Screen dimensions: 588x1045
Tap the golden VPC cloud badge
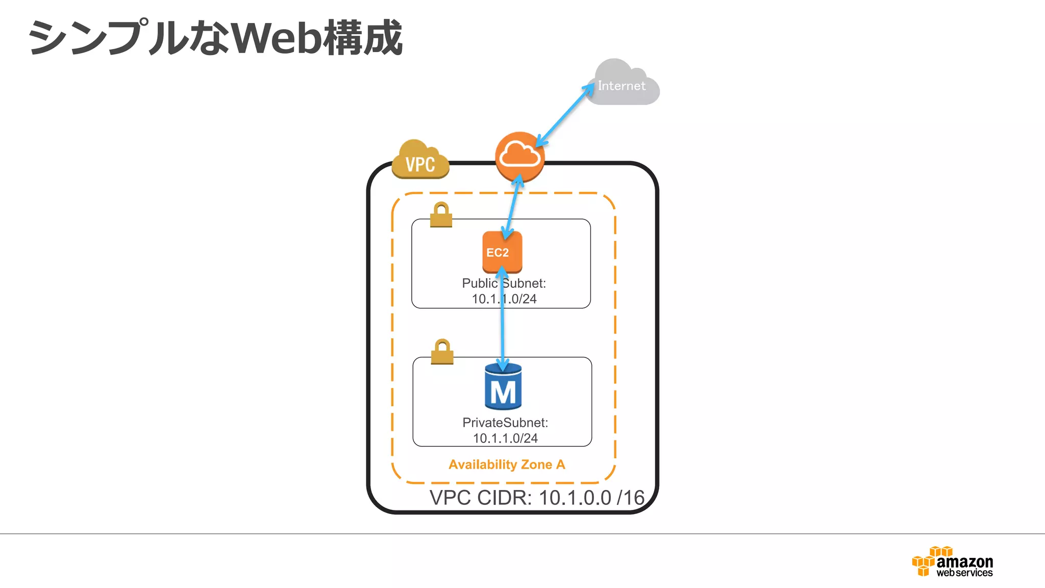(x=420, y=160)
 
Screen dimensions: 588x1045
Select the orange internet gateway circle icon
(x=519, y=157)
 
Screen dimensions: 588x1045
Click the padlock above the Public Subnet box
(x=441, y=215)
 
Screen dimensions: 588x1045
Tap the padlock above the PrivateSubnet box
(x=442, y=352)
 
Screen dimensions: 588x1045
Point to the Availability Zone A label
(x=507, y=464)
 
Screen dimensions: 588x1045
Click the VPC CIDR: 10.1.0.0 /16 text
(x=537, y=498)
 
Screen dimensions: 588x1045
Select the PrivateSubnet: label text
(x=505, y=423)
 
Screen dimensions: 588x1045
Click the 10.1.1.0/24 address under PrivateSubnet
(x=505, y=438)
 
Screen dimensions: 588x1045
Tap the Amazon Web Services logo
(x=952, y=562)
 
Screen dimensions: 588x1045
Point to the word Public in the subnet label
(x=479, y=283)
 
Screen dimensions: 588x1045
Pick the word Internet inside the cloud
(x=621, y=86)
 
